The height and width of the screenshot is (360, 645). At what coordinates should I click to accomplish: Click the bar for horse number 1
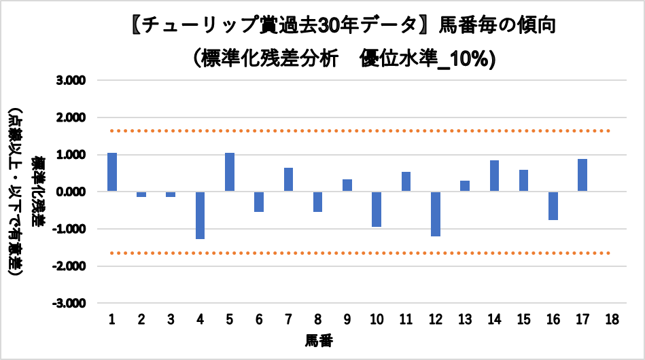112,172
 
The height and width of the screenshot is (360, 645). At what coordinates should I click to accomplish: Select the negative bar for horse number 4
201,215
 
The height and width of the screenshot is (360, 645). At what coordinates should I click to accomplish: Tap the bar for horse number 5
230,172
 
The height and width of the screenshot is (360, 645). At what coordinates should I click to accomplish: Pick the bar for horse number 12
435,214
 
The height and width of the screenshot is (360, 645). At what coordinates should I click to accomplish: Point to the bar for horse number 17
582,175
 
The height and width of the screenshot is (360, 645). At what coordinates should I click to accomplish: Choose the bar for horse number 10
377,209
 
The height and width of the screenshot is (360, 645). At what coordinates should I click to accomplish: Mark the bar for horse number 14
494,176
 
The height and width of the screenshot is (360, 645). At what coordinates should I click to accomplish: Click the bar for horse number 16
553,206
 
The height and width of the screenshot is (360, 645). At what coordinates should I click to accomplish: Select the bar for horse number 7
288,179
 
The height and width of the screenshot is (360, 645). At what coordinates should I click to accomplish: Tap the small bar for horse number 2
141,194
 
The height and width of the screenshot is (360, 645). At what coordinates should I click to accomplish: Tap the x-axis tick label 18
612,319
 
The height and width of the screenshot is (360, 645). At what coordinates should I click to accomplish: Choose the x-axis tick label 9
347,319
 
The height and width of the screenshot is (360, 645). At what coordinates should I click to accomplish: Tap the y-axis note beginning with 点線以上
16,192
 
